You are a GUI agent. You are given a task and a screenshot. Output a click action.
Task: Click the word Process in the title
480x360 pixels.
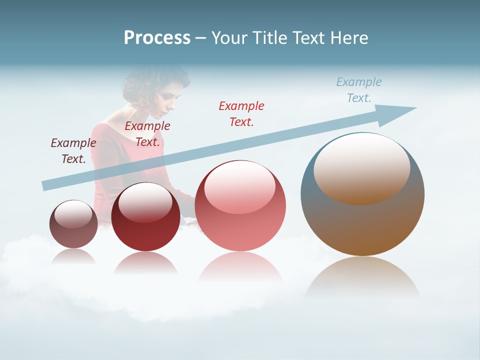[x=157, y=38]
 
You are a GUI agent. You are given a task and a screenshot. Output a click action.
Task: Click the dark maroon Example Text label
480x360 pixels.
[x=73, y=150]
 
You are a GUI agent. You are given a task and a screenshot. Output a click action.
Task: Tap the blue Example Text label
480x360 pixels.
[x=359, y=89]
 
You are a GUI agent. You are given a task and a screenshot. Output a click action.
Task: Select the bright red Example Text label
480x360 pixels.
[x=241, y=113]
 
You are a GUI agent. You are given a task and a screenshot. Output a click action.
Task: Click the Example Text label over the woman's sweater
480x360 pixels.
[x=147, y=133]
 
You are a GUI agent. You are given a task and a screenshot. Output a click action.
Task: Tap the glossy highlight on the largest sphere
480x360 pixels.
[x=361, y=167]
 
